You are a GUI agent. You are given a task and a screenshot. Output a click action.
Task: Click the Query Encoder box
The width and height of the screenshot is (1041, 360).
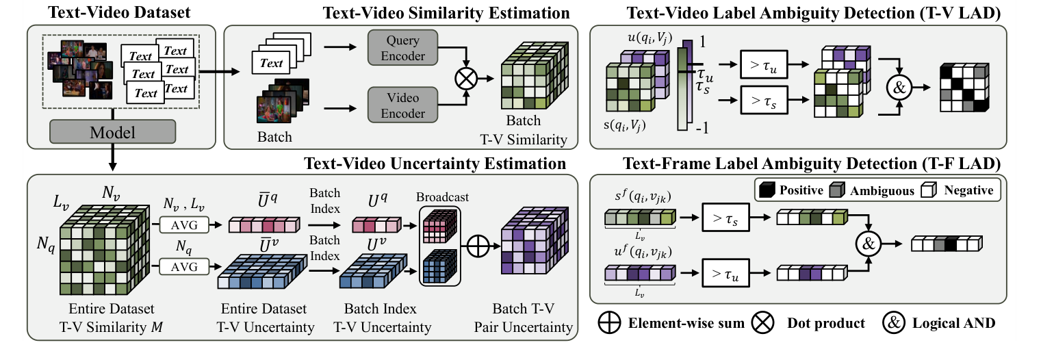[402, 48]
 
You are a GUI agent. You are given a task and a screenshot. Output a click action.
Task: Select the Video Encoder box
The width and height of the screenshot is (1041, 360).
[402, 105]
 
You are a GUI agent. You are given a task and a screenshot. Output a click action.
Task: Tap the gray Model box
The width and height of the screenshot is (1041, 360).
[112, 132]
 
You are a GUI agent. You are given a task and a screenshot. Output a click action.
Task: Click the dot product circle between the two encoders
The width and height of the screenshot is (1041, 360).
[465, 79]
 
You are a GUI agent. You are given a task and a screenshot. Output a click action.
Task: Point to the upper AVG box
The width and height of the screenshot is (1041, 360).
[184, 224]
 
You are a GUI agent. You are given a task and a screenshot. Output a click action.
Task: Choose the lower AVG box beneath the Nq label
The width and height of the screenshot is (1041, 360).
[184, 267]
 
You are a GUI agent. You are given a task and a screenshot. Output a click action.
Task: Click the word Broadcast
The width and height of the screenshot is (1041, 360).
[442, 197]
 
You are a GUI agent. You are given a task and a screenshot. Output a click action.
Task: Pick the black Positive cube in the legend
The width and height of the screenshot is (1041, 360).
[767, 190]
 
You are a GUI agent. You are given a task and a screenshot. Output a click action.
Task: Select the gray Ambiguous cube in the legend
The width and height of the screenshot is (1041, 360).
[836, 190]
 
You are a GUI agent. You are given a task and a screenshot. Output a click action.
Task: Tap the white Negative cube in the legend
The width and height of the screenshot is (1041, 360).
[929, 190]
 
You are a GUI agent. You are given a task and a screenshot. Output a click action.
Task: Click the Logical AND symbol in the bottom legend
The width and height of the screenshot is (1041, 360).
[894, 323]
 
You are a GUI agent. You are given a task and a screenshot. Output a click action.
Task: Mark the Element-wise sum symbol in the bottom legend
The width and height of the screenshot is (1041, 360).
[609, 323]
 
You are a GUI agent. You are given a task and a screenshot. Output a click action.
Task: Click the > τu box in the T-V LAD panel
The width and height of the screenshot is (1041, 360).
[764, 64]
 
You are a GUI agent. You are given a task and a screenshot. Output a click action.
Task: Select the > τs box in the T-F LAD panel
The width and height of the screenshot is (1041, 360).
[725, 217]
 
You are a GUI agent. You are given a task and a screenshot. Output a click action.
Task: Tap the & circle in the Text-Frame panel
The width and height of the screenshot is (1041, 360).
[868, 244]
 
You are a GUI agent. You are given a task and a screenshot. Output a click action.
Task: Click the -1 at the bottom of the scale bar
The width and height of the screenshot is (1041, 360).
[702, 128]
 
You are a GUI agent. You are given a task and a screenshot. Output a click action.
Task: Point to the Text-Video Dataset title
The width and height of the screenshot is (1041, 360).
[119, 12]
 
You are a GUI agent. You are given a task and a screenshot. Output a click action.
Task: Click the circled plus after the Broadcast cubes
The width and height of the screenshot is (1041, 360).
[478, 246]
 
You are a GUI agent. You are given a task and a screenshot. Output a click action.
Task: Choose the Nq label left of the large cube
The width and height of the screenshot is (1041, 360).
[46, 244]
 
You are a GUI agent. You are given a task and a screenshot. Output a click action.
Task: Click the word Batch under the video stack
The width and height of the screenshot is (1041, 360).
[274, 137]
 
